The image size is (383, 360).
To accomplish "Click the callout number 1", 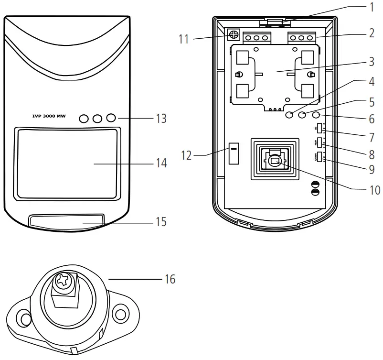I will (371, 7).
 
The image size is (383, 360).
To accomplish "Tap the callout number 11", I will (184, 39).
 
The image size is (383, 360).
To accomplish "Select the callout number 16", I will (170, 279).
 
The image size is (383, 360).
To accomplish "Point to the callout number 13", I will (161, 119).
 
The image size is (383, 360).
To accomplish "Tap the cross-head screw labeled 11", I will (234, 35).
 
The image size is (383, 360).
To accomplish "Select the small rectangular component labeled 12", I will (234, 153).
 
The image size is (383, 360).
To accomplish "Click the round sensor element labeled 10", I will (274, 162).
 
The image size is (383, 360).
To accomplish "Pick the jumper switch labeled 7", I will (320, 130).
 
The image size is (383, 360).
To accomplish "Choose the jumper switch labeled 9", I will (320, 157).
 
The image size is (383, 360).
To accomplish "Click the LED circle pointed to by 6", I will (316, 115).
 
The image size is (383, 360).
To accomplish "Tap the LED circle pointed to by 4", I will (290, 115).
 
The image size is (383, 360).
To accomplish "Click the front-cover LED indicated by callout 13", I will (111, 118).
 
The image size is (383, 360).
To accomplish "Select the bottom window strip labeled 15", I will (66, 221).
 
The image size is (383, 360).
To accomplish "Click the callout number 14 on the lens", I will (161, 163).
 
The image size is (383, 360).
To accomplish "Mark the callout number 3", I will (371, 62).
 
